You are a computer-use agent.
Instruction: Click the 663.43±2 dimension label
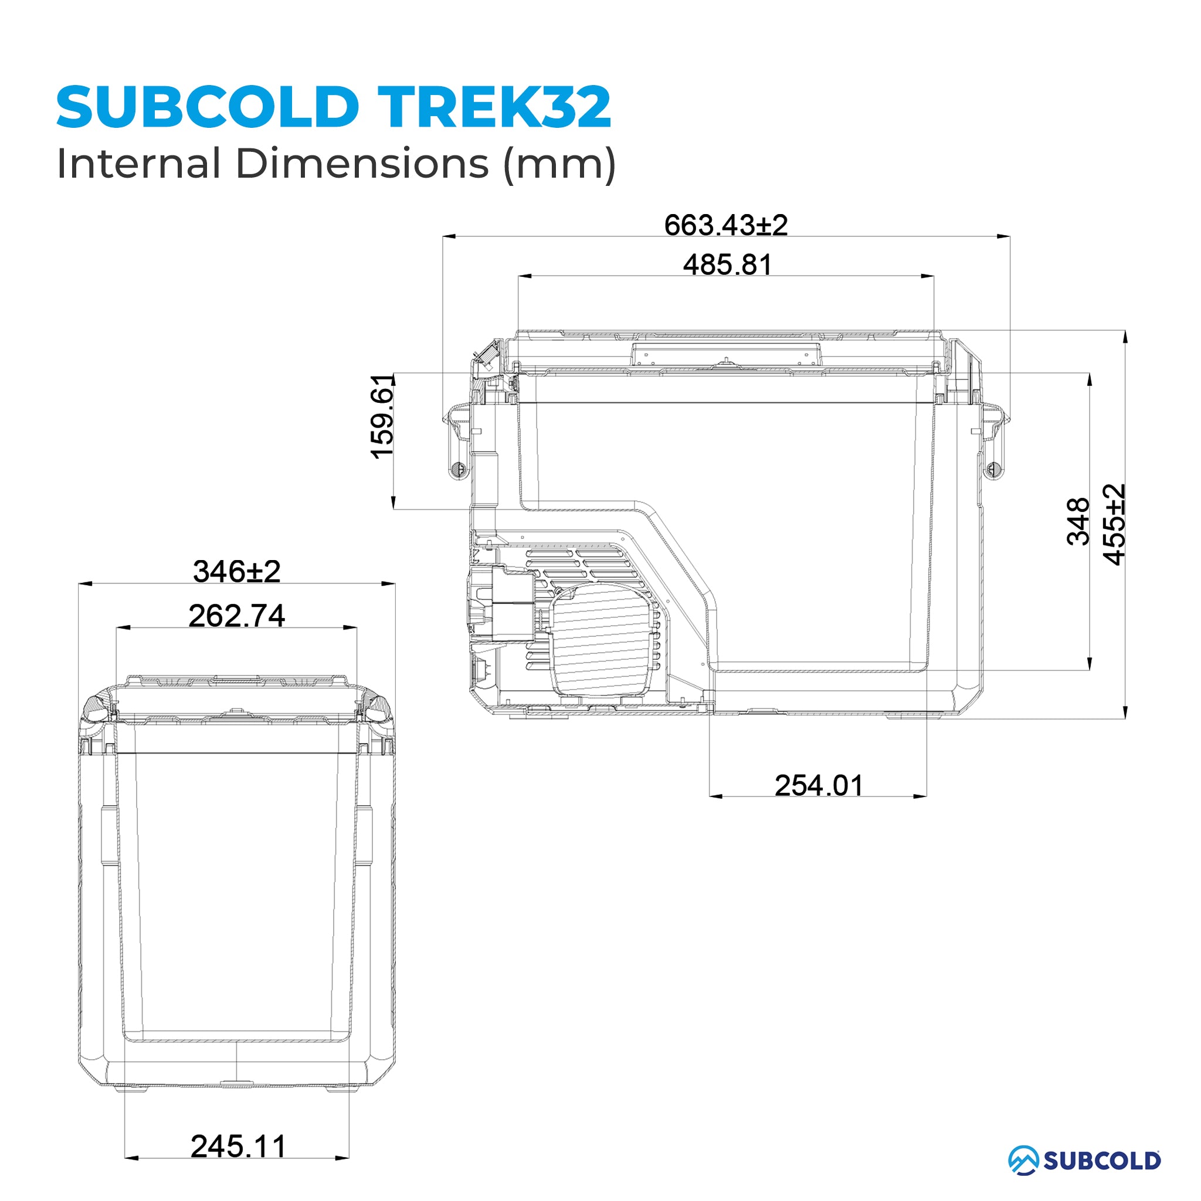coord(725,225)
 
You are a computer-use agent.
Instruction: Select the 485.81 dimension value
coord(727,265)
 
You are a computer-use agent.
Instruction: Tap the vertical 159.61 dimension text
coord(382,417)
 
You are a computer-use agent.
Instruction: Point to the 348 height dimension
coord(1078,521)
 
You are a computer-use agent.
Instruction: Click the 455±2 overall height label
coord(1114,524)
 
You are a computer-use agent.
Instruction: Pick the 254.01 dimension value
coord(819,786)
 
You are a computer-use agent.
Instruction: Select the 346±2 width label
coord(236,571)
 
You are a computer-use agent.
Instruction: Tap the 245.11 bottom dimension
coord(238,1146)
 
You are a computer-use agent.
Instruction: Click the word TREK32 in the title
coord(494,107)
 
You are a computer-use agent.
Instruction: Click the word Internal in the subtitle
coord(138,164)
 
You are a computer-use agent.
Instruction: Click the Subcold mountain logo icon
coord(1023,1160)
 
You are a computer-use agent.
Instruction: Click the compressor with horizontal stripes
coord(603,640)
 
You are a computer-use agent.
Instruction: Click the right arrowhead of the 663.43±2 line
coord(1003,237)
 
